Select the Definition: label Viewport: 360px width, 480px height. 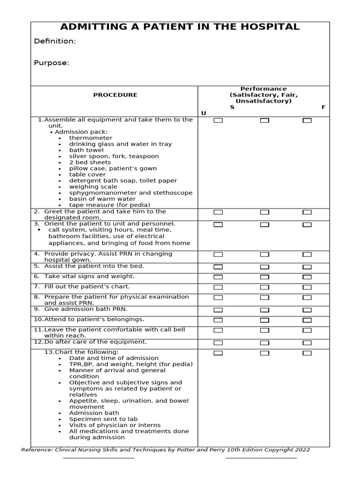[55, 41]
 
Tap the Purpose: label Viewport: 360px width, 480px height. [52, 63]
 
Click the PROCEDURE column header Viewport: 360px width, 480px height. [115, 95]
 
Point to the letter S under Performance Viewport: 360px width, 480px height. [232, 107]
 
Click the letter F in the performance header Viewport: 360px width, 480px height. [323, 107]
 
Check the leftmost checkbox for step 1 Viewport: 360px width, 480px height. [218, 120]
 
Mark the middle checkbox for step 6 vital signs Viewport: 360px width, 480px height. [264, 277]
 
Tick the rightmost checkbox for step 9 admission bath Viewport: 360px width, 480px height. [307, 310]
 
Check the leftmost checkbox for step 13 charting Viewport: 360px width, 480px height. [218, 353]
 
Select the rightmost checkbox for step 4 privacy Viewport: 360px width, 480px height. [307, 255]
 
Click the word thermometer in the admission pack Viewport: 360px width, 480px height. [90, 138]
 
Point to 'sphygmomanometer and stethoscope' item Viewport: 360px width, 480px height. [130, 193]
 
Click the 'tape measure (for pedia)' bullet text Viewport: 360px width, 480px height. [110, 205]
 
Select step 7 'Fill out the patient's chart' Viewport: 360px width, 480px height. [87, 286]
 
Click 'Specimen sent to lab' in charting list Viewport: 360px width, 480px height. [103, 419]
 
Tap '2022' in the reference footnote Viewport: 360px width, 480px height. [301, 450]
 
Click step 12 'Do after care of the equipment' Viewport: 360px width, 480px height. [95, 342]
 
